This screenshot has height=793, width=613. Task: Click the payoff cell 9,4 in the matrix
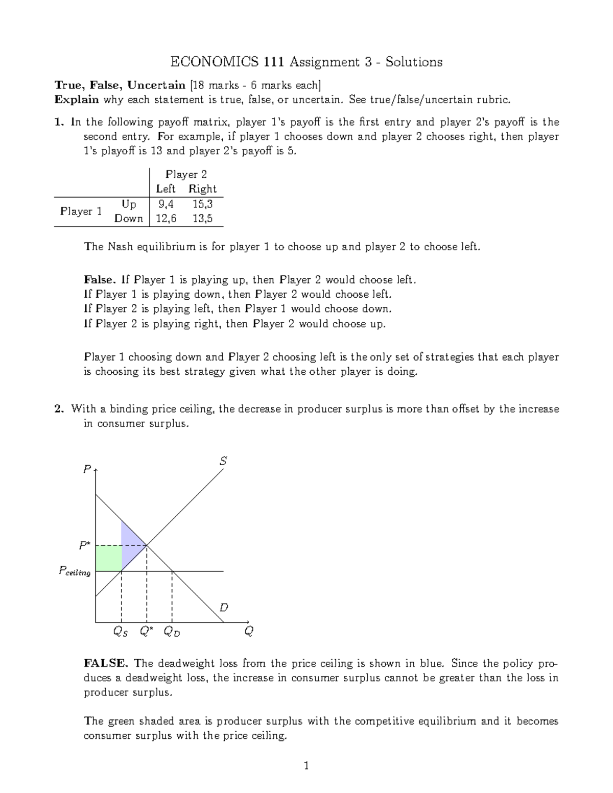tap(166, 204)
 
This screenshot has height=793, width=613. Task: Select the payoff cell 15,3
tap(202, 204)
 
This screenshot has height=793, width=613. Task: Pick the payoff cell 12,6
tap(166, 219)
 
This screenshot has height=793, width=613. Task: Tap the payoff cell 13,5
tap(202, 219)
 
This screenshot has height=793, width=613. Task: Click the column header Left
tap(166, 189)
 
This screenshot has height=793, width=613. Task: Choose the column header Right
tap(202, 189)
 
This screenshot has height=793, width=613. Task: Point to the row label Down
tap(129, 219)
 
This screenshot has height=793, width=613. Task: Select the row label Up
tap(129, 204)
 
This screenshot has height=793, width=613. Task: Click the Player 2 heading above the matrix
tap(186, 175)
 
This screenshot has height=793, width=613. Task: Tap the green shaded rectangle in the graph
tap(108, 558)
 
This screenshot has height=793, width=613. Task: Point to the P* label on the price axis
tap(84, 546)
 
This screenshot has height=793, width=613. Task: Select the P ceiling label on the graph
tap(75, 571)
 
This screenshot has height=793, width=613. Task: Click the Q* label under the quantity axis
tap(146, 632)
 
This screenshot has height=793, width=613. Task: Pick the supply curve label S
tap(223, 461)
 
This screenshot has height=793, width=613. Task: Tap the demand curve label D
tap(223, 608)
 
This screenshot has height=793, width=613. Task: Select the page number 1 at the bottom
tap(306, 765)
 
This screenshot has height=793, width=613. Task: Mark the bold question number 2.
tap(59, 409)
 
